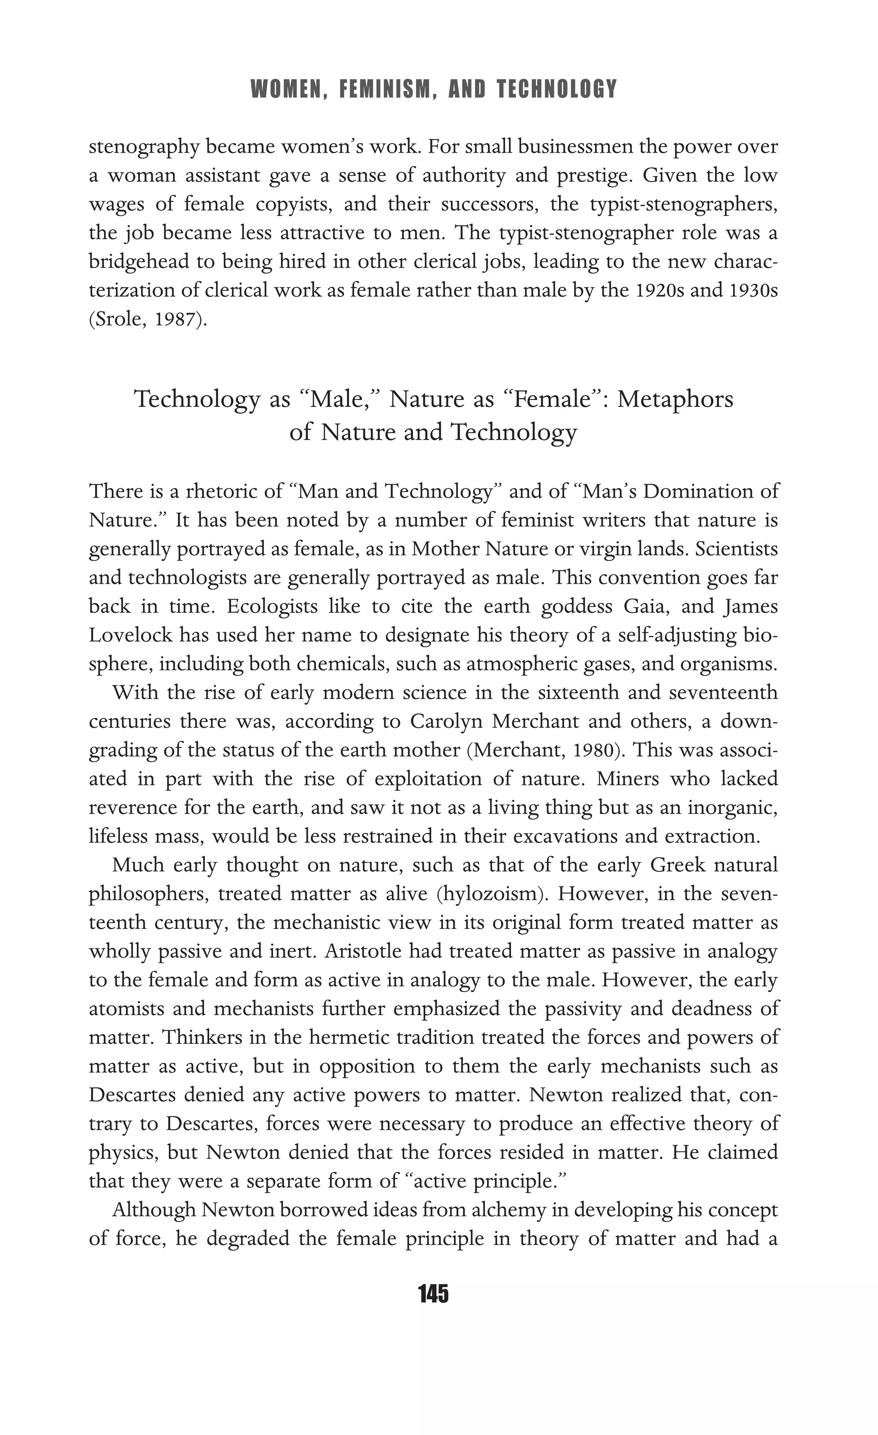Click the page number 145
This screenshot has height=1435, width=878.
433,1294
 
